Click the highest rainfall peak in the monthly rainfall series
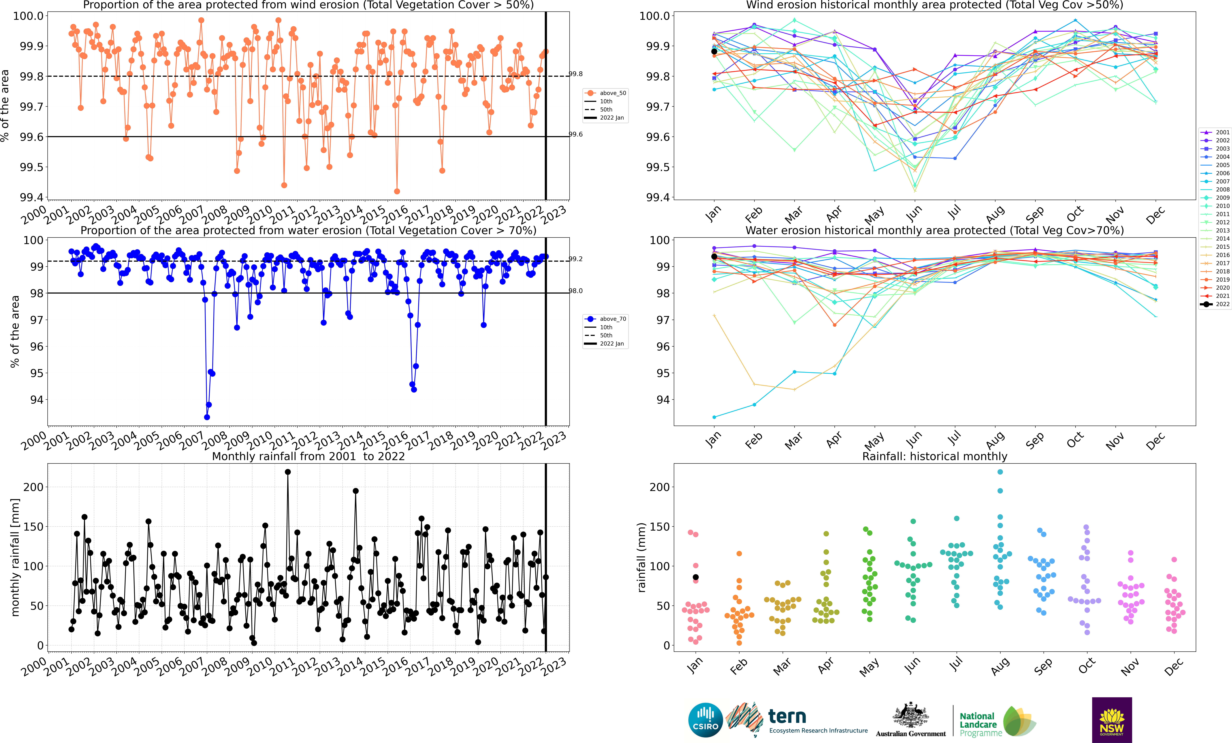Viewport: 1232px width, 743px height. point(288,472)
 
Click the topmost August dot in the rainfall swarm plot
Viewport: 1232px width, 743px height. point(1000,472)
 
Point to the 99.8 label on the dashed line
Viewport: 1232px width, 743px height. point(576,74)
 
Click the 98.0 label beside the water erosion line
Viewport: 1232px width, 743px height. point(576,291)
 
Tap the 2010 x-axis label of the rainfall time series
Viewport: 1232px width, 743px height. point(260,666)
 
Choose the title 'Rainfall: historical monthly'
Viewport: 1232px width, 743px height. point(934,456)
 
